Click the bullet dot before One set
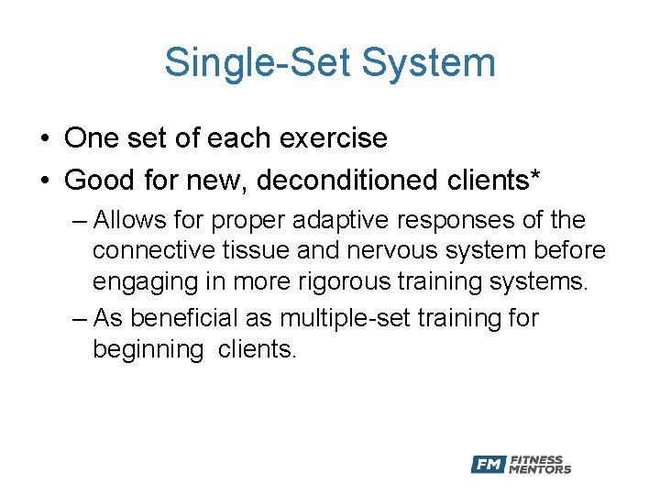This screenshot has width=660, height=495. [44, 139]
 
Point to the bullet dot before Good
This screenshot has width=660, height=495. [44, 181]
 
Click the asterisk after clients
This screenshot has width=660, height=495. [533, 176]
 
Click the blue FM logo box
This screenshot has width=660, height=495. [488, 465]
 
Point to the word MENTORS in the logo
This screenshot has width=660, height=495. [541, 469]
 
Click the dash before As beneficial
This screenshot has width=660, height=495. [79, 319]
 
